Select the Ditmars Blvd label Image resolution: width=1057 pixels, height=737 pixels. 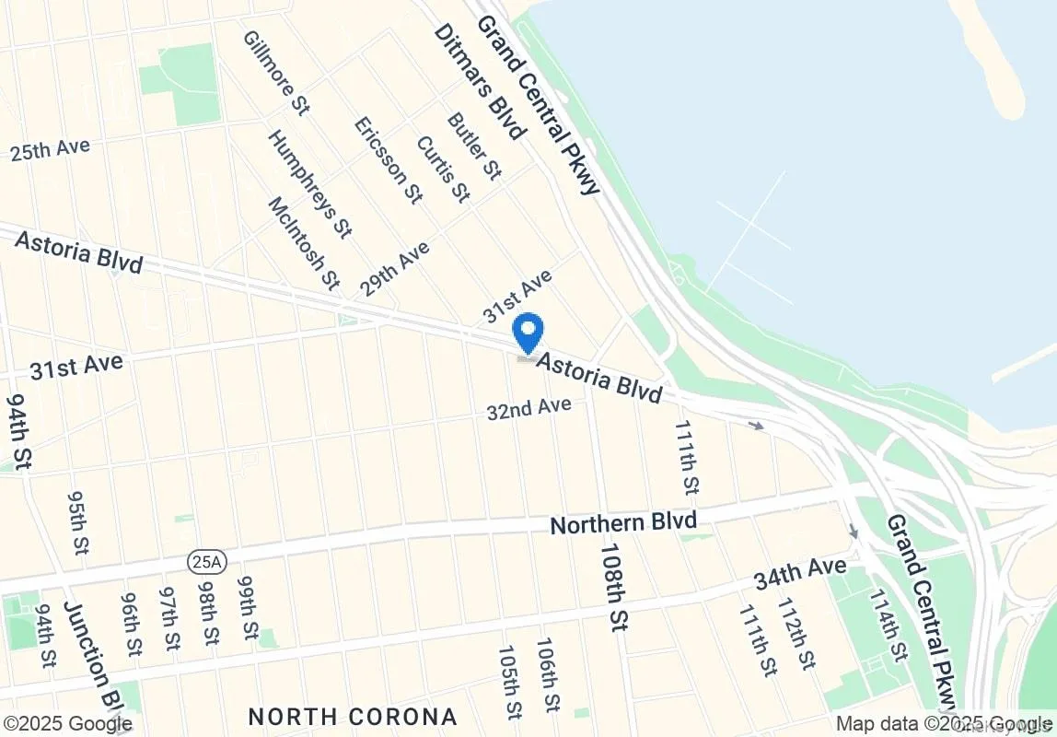pyautogui.click(x=479, y=80)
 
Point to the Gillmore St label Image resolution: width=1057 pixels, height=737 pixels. pyautogui.click(x=275, y=73)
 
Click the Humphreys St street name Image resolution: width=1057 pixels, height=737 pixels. pyautogui.click(x=309, y=183)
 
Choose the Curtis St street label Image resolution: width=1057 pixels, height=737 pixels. pyautogui.click(x=443, y=170)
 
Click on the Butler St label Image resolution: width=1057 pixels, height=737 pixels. pyautogui.click(x=473, y=146)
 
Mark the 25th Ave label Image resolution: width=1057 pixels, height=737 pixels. pyautogui.click(x=50, y=149)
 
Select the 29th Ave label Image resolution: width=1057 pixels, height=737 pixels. pyautogui.click(x=395, y=269)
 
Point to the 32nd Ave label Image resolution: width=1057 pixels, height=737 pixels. pyautogui.click(x=529, y=407)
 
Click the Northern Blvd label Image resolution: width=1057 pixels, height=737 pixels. pyautogui.click(x=623, y=523)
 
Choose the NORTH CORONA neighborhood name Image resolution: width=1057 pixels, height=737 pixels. pyautogui.click(x=353, y=717)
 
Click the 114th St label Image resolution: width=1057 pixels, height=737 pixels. pyautogui.click(x=886, y=625)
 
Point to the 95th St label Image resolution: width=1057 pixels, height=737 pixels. pyautogui.click(x=76, y=521)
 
